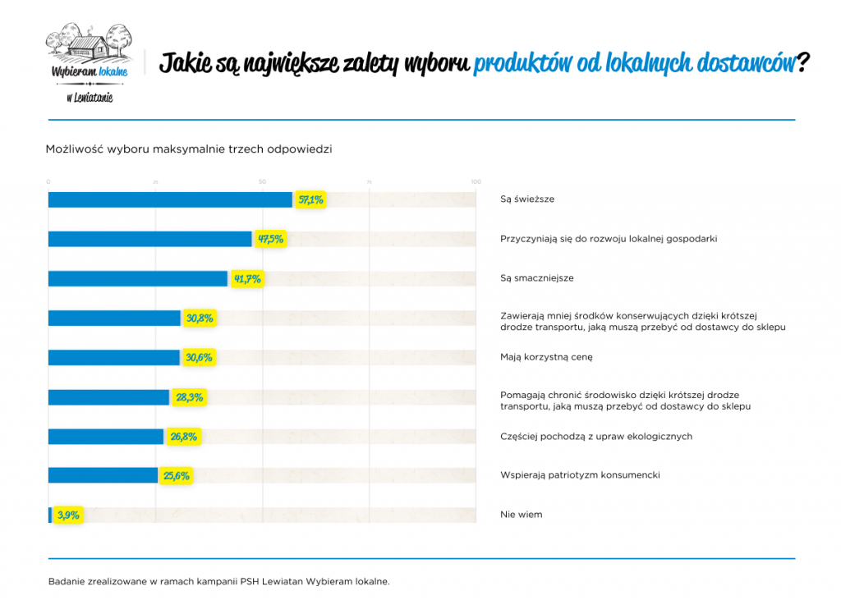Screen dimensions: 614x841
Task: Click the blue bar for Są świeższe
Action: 170,199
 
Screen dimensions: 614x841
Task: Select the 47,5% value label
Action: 270,239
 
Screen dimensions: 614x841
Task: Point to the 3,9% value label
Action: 68,515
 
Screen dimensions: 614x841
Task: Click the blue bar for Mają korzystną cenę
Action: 113,358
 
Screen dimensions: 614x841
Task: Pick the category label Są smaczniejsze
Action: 536,278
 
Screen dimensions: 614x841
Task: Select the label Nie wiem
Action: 521,515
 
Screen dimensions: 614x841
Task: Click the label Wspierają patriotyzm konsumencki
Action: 580,475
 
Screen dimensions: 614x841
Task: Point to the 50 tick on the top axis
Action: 262,181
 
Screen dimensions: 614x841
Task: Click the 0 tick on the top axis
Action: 48,181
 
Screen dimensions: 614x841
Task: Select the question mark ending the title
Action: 803,63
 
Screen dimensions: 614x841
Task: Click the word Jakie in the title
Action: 185,64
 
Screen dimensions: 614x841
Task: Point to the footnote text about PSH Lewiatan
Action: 218,582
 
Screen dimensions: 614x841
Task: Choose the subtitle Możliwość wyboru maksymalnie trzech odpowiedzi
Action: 189,149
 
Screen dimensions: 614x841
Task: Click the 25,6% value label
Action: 176,476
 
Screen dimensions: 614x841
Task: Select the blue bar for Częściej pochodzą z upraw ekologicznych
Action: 106,437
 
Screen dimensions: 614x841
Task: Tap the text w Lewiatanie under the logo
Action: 90,98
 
